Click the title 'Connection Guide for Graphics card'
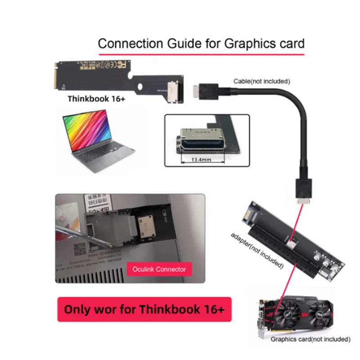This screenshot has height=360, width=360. point(201,44)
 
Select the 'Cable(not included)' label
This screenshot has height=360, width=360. point(261,81)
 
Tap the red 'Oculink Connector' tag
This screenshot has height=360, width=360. point(159,269)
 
